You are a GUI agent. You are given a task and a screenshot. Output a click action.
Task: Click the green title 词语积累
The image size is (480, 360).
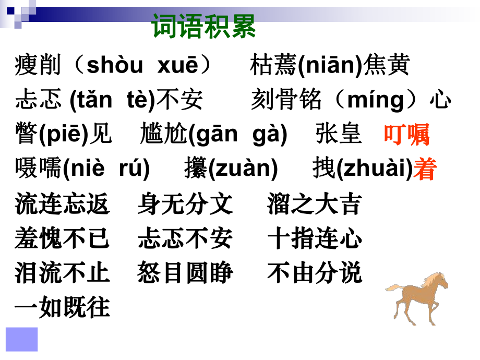203,26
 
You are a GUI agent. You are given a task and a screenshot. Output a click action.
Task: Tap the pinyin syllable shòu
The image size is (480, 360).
115,65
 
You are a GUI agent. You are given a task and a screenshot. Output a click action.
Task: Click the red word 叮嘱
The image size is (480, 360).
407,134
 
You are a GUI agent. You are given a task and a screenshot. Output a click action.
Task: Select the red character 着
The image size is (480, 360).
425,169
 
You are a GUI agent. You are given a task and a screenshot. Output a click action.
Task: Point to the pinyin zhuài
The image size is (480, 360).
375,168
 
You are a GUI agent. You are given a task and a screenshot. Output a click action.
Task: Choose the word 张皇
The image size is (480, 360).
339,134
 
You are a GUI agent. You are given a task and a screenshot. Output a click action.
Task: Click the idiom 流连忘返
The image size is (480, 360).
63,204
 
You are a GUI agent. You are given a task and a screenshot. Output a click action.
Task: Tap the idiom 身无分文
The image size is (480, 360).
185,204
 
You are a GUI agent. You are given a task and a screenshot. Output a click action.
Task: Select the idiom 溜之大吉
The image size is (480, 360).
315,204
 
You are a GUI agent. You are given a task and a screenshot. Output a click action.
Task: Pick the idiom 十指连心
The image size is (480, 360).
315,238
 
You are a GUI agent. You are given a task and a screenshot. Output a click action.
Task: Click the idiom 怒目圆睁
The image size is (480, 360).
185,272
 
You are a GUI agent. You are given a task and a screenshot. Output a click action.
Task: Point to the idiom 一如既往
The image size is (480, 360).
63,307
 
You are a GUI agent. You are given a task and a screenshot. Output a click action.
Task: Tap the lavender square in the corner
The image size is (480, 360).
22,340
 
